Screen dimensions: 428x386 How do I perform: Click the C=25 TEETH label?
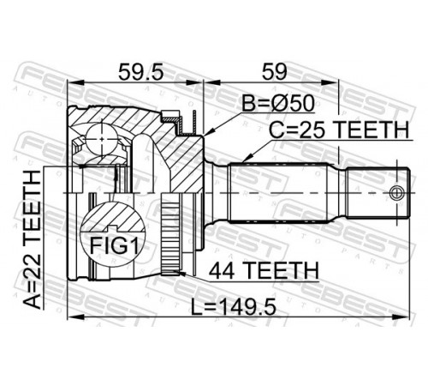(339, 130)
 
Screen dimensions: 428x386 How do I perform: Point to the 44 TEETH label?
(264, 271)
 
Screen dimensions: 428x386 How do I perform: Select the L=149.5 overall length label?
(233, 307)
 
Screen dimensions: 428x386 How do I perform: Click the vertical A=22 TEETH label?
(33, 239)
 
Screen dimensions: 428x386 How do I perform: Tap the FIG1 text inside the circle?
(114, 245)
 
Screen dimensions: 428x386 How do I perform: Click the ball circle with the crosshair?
(102, 139)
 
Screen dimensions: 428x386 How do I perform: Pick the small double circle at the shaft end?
(397, 193)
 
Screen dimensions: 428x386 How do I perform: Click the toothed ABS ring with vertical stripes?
(170, 235)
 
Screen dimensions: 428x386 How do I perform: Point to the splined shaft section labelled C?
(278, 192)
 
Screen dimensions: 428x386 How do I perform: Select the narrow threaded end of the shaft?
(378, 193)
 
